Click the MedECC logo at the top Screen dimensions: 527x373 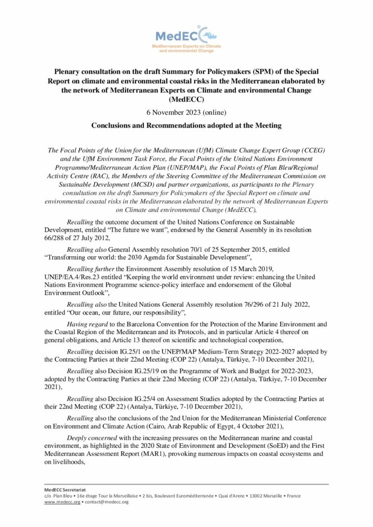[186, 39]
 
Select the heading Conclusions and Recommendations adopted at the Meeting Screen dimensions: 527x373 [186, 125]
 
